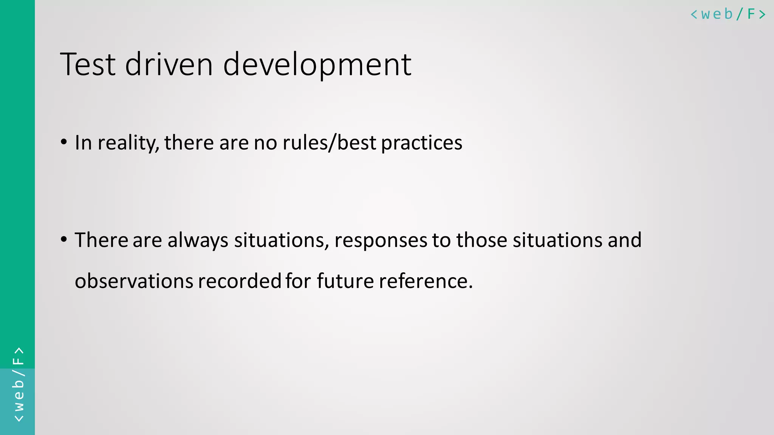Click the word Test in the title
point(88,65)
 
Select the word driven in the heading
point(169,65)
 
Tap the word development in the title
point(317,65)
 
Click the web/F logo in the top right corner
point(728,14)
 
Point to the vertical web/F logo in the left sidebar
point(18,384)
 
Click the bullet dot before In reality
point(64,142)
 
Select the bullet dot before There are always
point(64,239)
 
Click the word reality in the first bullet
point(128,143)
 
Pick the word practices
point(421,143)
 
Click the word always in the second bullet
point(198,240)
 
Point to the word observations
point(134,281)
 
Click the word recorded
point(239,281)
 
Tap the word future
point(345,281)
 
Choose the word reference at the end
point(426,281)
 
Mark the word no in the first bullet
point(265,143)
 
